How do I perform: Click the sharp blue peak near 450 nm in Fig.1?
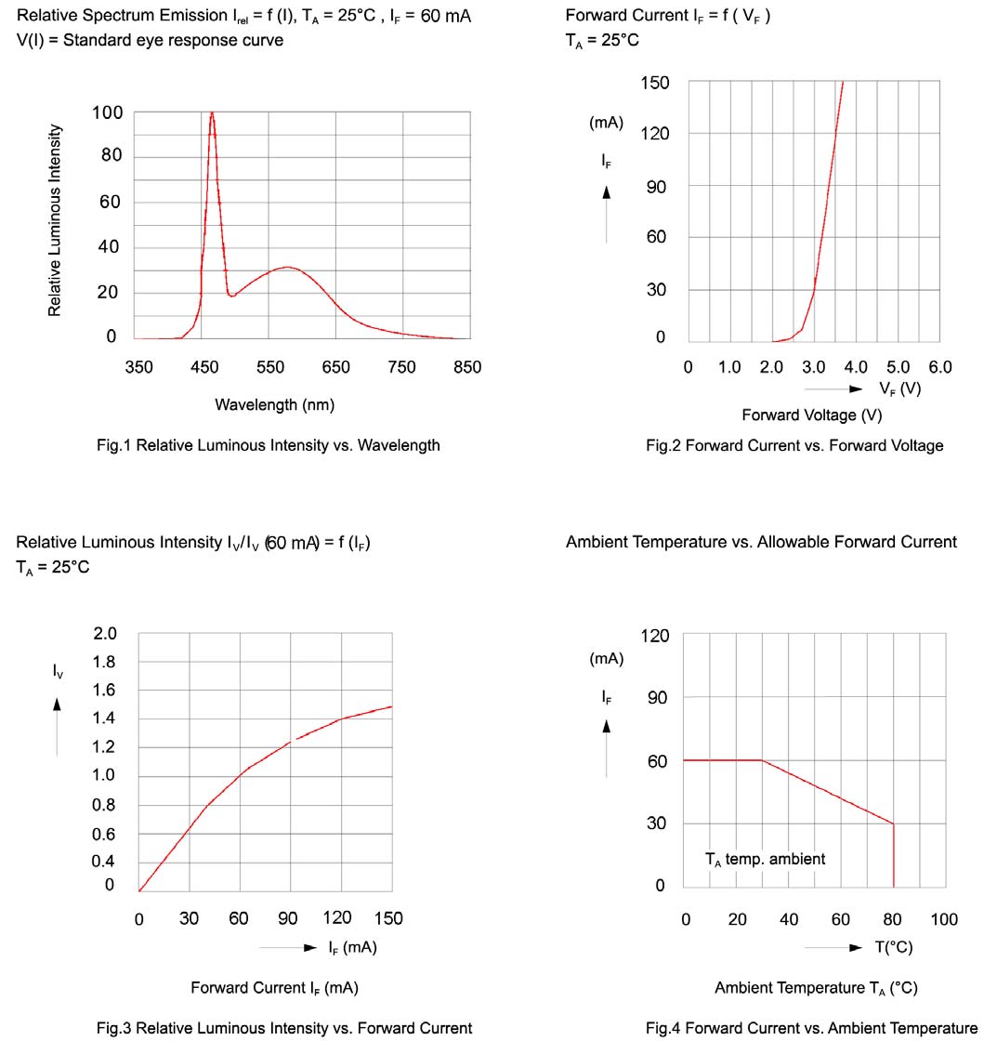click(212, 115)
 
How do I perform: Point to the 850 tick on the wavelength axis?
click(467, 367)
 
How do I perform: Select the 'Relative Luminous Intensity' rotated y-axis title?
click(55, 220)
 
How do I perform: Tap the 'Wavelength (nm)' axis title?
click(274, 404)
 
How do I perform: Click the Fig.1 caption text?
click(268, 445)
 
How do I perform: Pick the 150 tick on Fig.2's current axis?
click(655, 84)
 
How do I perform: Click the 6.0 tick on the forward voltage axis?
click(939, 367)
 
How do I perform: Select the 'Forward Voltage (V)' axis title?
click(811, 415)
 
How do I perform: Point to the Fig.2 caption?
click(794, 445)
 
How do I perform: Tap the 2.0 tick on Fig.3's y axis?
click(105, 634)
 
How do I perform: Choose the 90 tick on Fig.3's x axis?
click(288, 918)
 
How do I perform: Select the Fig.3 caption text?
click(284, 1028)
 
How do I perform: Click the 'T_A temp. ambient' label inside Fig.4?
click(765, 860)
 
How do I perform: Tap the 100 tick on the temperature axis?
click(944, 919)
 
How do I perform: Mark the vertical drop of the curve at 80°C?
click(894, 855)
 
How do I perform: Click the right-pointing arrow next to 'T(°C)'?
click(856, 947)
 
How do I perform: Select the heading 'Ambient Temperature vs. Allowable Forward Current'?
click(761, 542)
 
